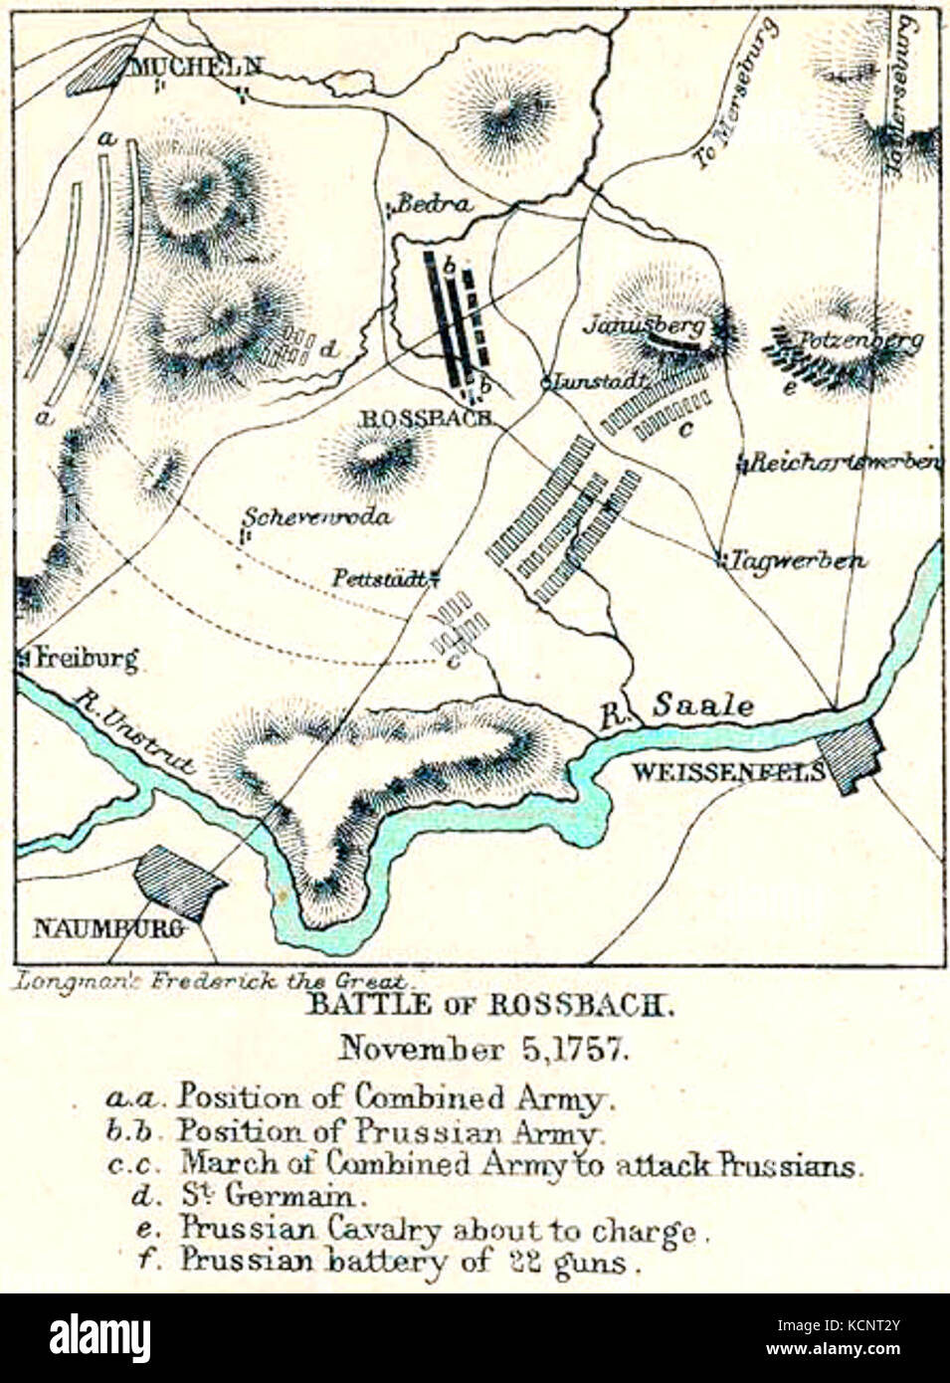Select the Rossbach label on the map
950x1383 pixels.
click(x=423, y=418)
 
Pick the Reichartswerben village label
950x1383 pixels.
click(x=846, y=463)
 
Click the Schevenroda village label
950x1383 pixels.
click(x=317, y=516)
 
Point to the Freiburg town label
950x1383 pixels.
click(x=85, y=658)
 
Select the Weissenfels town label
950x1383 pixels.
click(x=728, y=771)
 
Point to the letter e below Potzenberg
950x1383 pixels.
click(x=788, y=389)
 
